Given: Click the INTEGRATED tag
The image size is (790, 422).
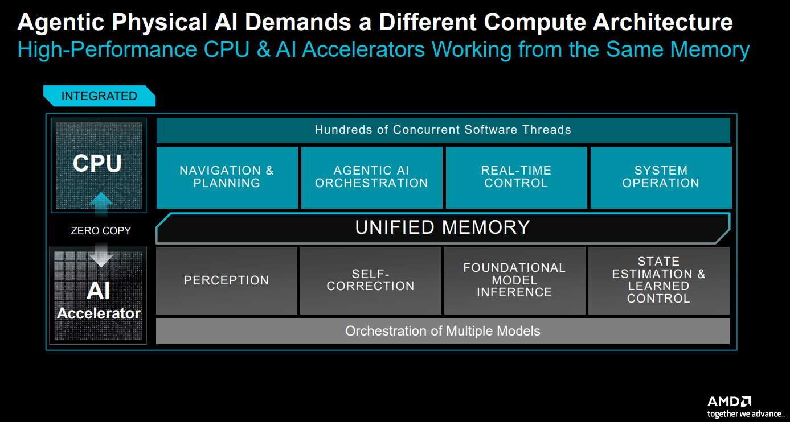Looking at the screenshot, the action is click(99, 96).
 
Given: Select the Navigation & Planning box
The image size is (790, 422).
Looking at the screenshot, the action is click(227, 177).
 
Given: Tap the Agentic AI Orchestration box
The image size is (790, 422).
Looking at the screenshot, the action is click(372, 177).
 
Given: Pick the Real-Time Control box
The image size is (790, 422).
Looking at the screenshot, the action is click(517, 177).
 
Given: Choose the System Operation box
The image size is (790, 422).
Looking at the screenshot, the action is click(661, 177).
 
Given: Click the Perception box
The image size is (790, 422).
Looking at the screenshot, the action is click(227, 280).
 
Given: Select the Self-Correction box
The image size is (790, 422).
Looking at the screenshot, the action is click(371, 280).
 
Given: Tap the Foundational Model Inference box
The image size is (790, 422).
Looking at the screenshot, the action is click(514, 280).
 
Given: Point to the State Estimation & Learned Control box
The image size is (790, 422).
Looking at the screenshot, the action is click(659, 280).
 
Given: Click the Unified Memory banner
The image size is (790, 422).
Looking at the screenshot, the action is click(443, 228).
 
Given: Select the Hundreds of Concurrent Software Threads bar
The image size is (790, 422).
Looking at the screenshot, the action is click(443, 130).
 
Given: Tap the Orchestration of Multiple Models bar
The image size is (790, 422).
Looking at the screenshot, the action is click(443, 331).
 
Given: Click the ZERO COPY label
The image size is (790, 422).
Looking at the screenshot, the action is click(101, 231).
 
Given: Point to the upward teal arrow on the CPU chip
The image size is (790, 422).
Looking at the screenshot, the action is click(101, 204).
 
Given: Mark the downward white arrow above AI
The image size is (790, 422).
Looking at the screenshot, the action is click(101, 255).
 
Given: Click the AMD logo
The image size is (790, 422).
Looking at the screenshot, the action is click(729, 402).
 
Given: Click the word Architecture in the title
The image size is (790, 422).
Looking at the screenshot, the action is click(662, 22).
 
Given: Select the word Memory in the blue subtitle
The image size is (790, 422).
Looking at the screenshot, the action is click(710, 49).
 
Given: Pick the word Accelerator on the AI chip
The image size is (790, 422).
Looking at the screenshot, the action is click(99, 313).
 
